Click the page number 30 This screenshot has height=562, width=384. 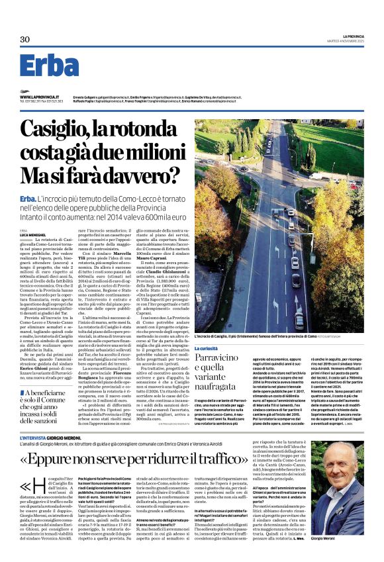[25, 40]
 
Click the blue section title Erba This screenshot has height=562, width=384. [49, 66]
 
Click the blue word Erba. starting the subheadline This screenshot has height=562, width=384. [28, 199]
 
